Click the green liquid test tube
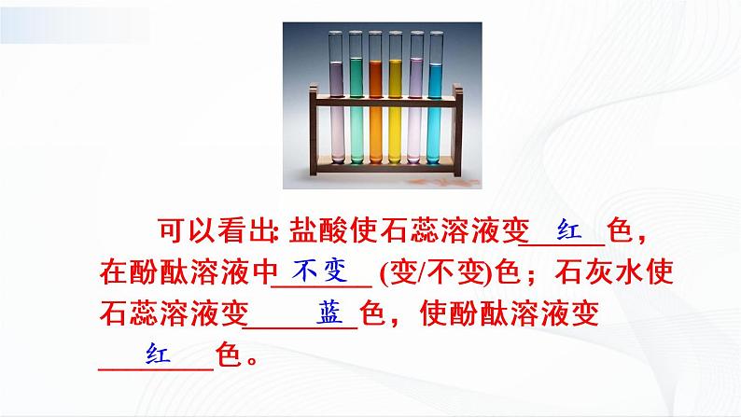tap(355, 103)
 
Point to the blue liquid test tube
tap(435, 103)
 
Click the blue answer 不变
tap(320, 271)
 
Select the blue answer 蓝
tap(329, 311)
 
